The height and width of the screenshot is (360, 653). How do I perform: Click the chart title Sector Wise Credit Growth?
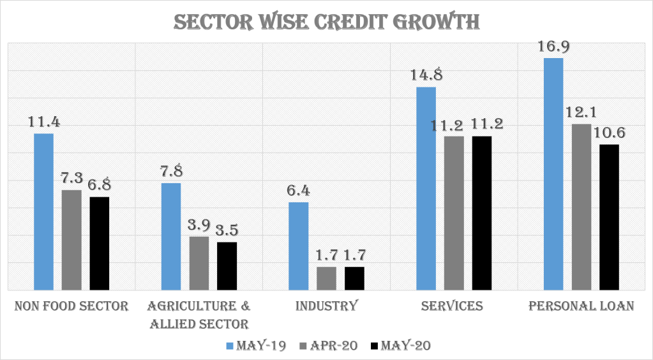tap(327, 22)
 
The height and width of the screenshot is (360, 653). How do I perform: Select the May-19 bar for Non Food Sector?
tap(43, 212)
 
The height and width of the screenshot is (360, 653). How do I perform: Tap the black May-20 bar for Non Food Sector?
tap(100, 243)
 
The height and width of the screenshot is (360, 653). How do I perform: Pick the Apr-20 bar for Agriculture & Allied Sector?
tap(199, 263)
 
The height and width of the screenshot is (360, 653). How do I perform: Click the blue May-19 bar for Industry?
tap(299, 246)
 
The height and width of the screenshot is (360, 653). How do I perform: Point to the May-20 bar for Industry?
tap(354, 278)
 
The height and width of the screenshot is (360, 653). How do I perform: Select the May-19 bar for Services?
tap(426, 188)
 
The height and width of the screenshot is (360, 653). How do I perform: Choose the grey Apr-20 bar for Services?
tap(454, 213)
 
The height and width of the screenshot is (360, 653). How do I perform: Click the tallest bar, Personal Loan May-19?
tap(553, 174)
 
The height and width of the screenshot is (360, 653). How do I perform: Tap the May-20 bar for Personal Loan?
tap(610, 217)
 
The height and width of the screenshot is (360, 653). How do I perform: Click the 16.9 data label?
tap(553, 47)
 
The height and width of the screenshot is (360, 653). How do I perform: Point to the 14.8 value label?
tap(426, 75)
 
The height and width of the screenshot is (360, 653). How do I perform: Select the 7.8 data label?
tap(171, 172)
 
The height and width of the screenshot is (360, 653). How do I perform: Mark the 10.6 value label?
tap(610, 133)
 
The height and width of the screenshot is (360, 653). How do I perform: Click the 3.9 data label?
tap(199, 225)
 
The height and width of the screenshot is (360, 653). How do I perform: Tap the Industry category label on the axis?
tap(326, 306)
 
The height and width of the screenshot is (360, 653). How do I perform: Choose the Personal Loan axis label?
tap(582, 306)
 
